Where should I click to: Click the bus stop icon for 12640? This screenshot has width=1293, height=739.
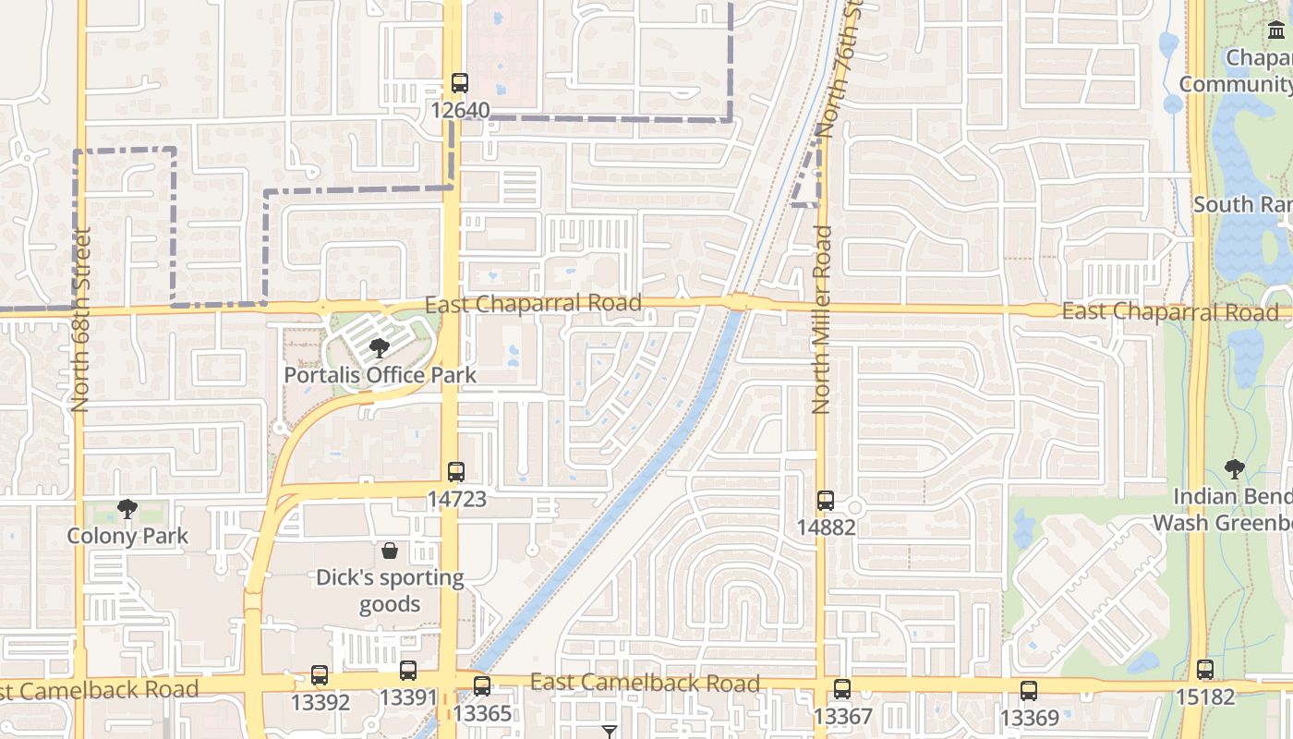460,83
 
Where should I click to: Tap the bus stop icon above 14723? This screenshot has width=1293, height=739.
456,472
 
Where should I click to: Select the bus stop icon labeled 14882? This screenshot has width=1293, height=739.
826,501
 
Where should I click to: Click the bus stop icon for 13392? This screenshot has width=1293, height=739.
320,675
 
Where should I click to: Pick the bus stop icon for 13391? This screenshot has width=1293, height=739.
408,671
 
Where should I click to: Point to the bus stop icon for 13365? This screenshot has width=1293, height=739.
482,686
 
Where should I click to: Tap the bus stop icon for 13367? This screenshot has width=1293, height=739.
842,689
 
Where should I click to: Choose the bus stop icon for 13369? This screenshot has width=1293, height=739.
1029,690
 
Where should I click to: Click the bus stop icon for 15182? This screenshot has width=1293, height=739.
1205,670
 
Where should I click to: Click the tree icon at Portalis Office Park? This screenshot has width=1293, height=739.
379,348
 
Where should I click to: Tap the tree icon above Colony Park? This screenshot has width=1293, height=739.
127,509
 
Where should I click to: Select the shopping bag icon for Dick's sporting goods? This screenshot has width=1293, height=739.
390,551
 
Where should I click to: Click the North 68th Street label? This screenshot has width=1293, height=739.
80,320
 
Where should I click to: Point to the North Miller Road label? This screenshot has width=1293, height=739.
822,320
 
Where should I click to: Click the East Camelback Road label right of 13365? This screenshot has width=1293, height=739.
645,684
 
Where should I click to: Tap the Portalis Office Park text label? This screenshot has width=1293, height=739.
380,375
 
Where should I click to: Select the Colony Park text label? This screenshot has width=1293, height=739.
127,536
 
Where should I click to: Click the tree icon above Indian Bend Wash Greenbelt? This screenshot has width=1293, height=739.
1234,469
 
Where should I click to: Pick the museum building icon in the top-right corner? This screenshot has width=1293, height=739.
1276,32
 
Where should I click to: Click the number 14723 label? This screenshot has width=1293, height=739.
456,500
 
